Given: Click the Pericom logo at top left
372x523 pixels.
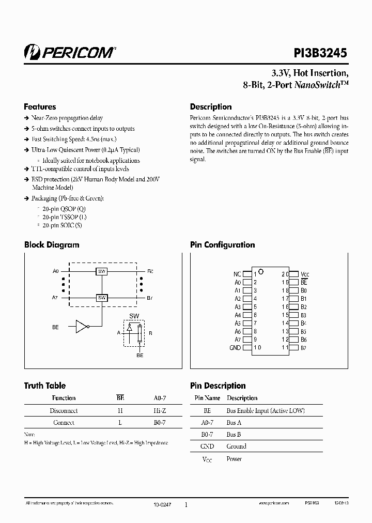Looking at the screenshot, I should (x=70, y=51).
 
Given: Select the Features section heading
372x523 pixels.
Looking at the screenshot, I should (x=40, y=107).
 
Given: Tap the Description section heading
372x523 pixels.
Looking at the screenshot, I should (x=211, y=107).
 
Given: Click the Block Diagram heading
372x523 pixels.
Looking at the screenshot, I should (x=52, y=245).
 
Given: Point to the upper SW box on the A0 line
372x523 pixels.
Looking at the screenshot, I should (x=102, y=271).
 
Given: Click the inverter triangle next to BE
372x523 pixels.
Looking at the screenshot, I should (x=82, y=327).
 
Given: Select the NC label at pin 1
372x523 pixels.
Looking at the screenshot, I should (x=237, y=274).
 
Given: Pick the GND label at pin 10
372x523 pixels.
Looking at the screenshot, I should (x=235, y=348).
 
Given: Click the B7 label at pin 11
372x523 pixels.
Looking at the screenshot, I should (x=304, y=348).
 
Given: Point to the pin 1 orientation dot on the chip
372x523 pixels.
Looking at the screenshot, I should (x=261, y=271).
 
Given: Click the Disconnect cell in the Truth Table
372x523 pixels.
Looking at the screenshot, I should (x=64, y=411).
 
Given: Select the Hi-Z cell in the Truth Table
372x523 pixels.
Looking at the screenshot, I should (x=160, y=411).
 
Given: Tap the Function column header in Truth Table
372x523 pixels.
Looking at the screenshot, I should (x=64, y=398).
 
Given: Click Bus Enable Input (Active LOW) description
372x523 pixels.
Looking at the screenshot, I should (x=266, y=411).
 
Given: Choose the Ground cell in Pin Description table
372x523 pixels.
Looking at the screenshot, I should (x=236, y=446).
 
